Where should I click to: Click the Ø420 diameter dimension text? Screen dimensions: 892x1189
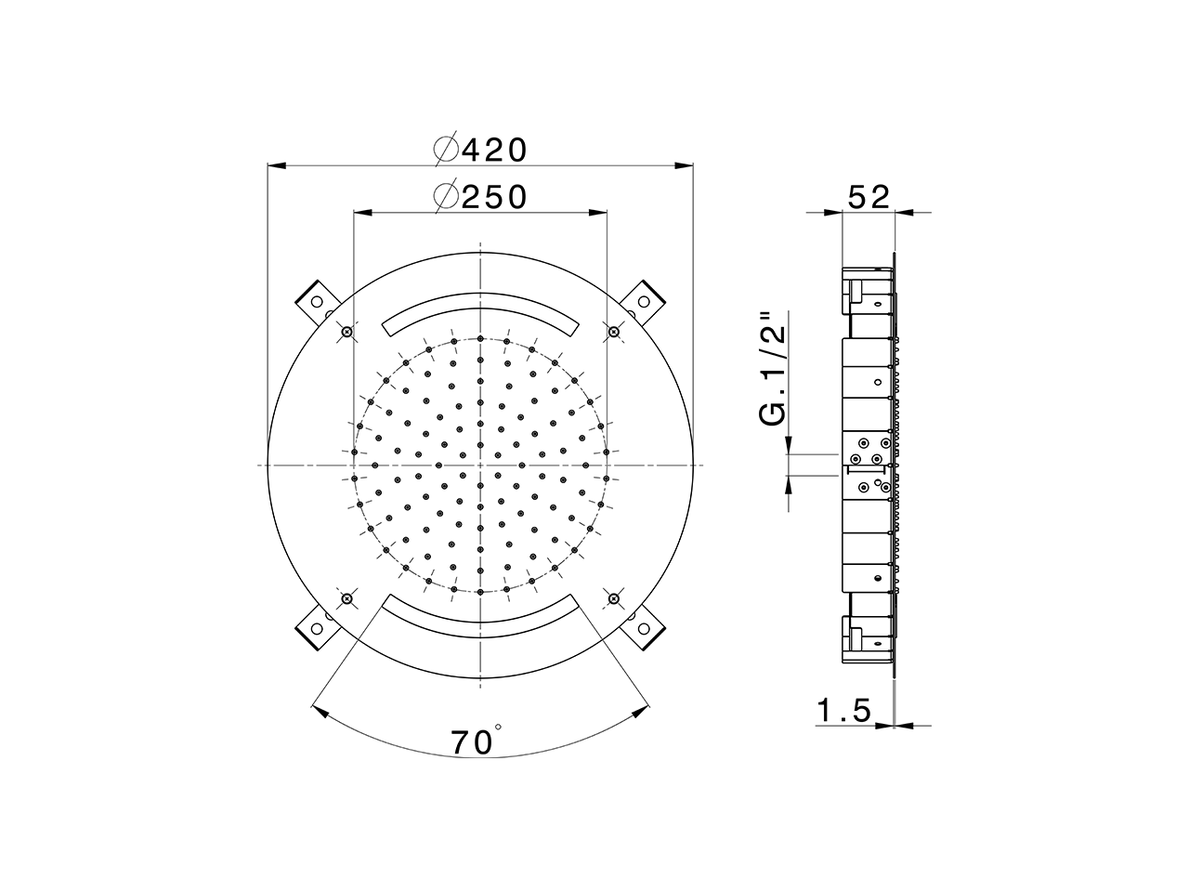click(481, 149)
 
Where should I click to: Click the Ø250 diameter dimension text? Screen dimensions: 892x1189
click(481, 196)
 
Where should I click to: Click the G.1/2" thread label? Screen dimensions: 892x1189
click(773, 370)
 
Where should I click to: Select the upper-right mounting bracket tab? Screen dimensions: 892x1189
click(645, 298)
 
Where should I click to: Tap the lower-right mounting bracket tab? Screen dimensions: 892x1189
click(645, 629)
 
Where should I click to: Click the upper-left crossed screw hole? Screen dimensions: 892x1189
click(346, 332)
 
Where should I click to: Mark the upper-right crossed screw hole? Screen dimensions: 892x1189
click(613, 332)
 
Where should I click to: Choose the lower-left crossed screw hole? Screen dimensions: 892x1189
click(346, 598)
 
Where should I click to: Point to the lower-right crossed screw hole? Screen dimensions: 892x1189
click(613, 598)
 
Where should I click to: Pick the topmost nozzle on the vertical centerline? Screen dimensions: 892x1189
click(480, 338)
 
